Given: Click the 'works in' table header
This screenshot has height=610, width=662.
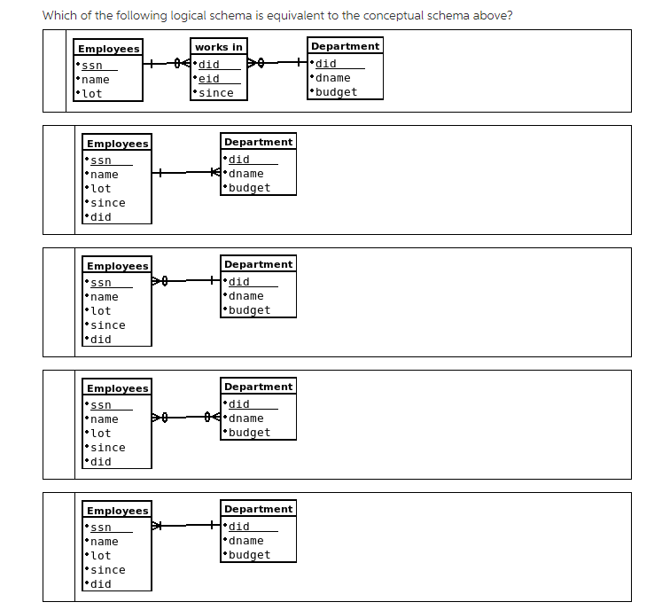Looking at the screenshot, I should coord(219,47).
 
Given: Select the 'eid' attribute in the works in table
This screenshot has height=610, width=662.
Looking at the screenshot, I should coord(209,79).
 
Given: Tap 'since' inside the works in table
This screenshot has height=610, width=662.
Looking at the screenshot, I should coord(216,93).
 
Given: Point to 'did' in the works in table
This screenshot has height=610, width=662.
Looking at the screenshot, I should coord(209,65).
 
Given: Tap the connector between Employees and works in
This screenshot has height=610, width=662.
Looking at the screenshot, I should coord(167,64).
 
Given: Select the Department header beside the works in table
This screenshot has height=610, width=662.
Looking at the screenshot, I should coord(345,46).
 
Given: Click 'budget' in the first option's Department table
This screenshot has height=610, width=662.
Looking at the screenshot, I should coord(337,92).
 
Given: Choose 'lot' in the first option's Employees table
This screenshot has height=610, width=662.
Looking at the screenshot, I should coord(92,94).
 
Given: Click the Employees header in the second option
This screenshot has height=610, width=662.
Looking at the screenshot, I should coord(117,144).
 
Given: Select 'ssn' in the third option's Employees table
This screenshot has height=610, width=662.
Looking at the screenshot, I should coord(101,283).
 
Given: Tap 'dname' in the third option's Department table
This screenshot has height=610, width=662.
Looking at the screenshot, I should coord(245,296).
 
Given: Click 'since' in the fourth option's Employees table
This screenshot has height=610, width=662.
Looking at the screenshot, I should coord(108,448).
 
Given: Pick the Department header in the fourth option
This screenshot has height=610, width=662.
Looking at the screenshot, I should coord(258,387).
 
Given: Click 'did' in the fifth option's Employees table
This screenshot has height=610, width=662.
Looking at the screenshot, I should coord(101,584).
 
